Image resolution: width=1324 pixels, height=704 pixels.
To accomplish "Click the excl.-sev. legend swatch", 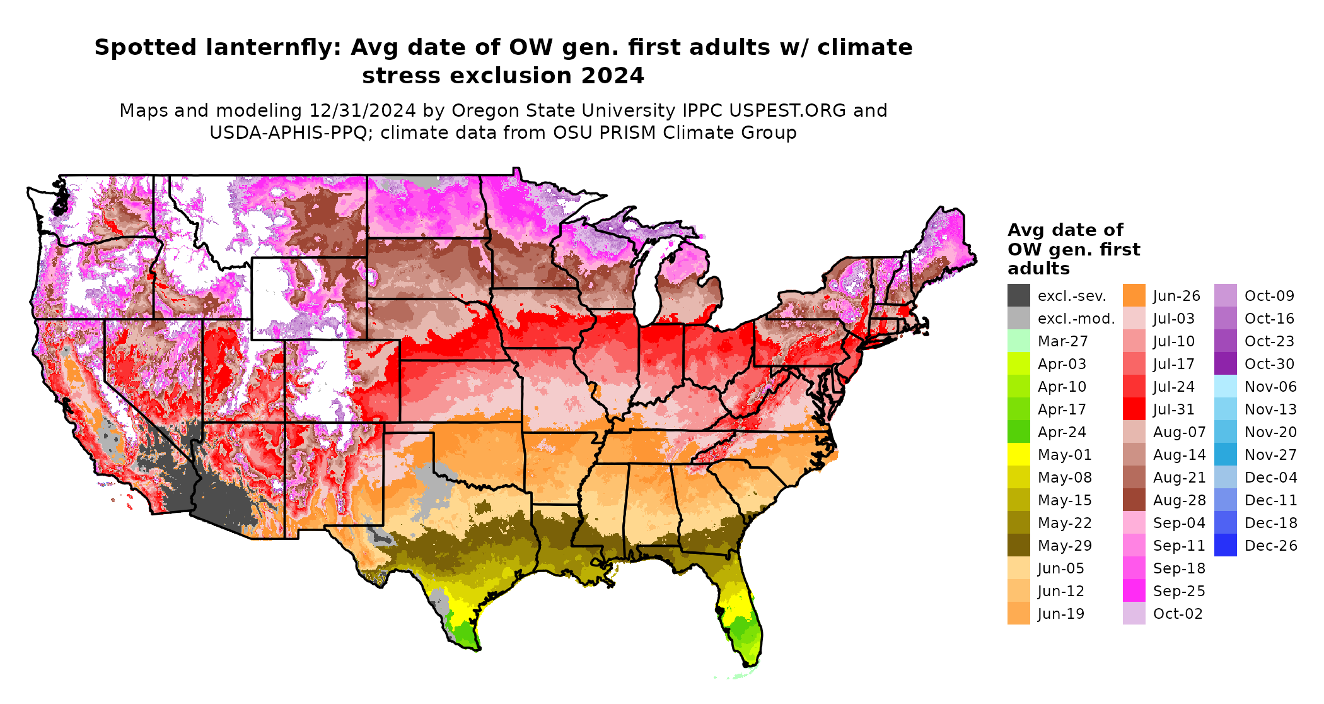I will [x=1018, y=296].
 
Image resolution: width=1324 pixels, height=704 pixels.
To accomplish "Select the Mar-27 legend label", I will [x=1062, y=341].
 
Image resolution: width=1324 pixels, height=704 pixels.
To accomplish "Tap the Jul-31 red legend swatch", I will [x=1134, y=409].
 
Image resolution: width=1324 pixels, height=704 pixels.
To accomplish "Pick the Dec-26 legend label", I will [x=1270, y=546].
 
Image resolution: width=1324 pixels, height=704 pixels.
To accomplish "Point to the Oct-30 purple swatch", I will [x=1225, y=364].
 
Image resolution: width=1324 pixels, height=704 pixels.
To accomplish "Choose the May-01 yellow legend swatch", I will [x=1018, y=455].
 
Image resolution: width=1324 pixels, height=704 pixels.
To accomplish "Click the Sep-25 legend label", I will [x=1179, y=591].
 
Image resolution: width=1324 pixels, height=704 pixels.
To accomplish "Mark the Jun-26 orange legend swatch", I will [x=1134, y=296].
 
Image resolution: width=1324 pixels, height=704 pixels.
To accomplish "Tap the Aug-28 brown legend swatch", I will [x=1134, y=500].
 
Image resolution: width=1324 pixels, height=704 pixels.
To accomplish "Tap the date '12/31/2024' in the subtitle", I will [x=362, y=110].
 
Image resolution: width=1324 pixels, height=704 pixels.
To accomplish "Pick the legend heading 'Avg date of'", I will [x=1065, y=230].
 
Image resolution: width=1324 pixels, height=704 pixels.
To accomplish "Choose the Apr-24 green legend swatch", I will [x=1018, y=432].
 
